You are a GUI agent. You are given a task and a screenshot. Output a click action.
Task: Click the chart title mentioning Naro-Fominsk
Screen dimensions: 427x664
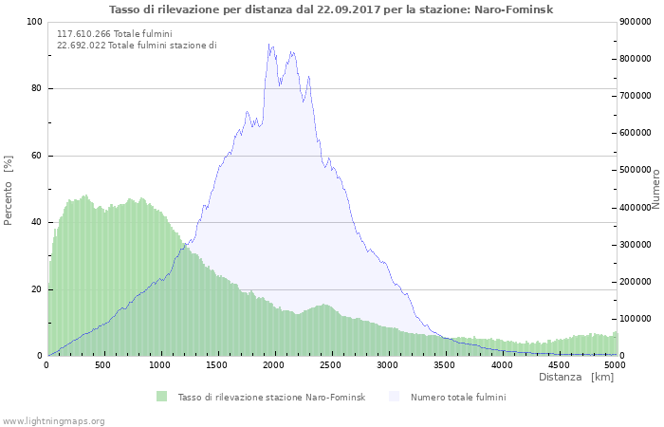[x=331, y=9]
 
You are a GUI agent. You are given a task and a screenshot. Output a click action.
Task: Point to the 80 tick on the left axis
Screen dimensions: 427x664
[x=36, y=89]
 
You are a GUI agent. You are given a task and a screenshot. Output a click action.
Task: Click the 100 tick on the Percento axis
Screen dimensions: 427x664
[x=33, y=22]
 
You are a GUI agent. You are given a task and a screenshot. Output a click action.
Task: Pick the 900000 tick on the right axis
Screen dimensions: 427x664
[x=637, y=22]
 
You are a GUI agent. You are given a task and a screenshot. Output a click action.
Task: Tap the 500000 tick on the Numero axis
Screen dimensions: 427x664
[x=637, y=170]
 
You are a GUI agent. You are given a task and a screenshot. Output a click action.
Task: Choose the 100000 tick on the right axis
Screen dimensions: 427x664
[x=637, y=319]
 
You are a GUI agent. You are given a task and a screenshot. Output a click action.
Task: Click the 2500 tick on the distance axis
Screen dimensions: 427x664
[x=331, y=364]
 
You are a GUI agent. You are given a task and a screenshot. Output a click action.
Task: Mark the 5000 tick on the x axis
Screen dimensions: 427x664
[x=615, y=364]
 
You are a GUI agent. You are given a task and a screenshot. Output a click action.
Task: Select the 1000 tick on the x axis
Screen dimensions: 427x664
[x=160, y=364]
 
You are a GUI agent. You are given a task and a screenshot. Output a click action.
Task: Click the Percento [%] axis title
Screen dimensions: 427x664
[x=9, y=190]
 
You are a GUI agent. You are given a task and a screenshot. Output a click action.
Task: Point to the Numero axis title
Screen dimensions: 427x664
[x=655, y=188]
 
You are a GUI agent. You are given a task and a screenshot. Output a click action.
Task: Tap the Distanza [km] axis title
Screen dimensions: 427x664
[x=576, y=377]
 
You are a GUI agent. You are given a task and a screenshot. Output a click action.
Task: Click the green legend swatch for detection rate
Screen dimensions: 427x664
[x=162, y=396]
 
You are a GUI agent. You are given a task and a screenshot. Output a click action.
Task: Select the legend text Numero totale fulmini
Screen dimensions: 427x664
[x=458, y=397]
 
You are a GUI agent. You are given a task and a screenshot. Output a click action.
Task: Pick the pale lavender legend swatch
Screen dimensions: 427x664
[x=395, y=396]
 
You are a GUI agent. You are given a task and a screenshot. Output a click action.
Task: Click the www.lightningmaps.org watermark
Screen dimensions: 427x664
[x=53, y=420]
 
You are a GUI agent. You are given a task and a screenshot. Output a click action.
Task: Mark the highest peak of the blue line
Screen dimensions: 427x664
[x=269, y=44]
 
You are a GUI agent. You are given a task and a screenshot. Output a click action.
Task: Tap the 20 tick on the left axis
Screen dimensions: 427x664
[x=36, y=289]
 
